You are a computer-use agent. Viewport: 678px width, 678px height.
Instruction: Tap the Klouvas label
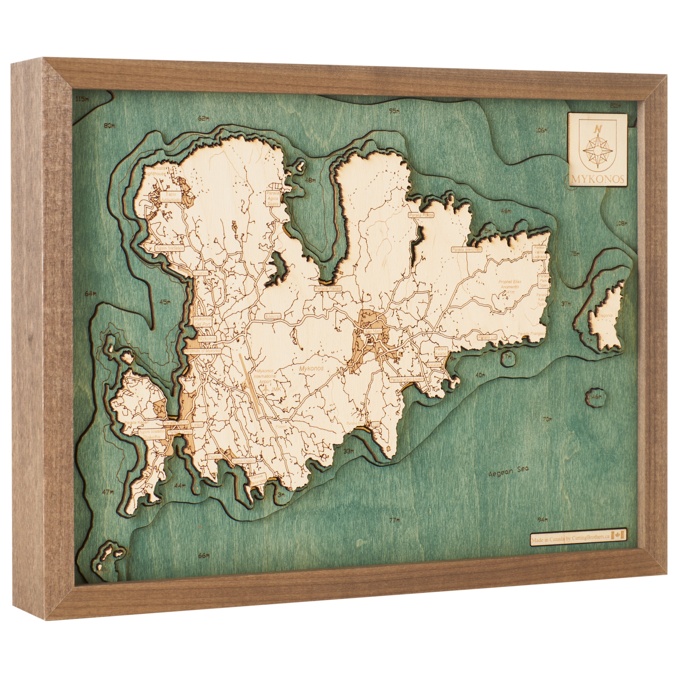click(273, 316)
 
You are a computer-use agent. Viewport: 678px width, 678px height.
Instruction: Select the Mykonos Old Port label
click(203, 321)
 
